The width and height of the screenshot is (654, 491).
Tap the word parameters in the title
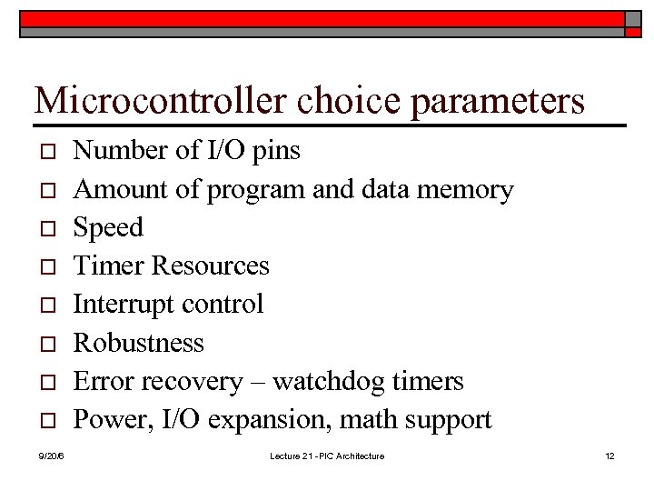[498, 102]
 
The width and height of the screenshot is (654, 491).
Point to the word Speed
[108, 227]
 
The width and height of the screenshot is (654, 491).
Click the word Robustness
[138, 343]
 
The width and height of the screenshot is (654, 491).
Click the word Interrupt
[115, 305]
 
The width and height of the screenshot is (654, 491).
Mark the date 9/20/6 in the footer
[51, 456]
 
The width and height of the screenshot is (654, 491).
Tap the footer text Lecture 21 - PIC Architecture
[327, 456]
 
